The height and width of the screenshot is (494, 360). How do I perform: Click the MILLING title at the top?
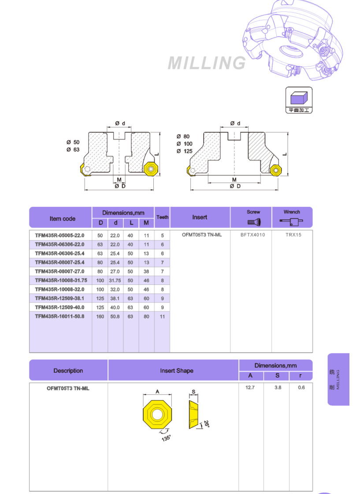(x=207, y=63)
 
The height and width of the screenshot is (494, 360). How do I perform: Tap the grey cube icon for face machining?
(x=299, y=97)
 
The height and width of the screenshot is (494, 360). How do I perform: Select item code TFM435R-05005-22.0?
(x=59, y=235)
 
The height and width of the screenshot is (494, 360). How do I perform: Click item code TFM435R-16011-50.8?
(x=59, y=316)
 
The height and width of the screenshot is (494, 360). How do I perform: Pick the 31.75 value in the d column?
(x=115, y=281)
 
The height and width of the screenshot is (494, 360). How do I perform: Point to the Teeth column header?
(x=162, y=217)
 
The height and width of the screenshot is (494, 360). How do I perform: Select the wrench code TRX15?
(x=293, y=235)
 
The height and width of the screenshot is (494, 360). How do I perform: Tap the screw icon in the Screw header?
(x=254, y=221)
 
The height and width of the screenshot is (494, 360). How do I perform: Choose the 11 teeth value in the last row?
(x=162, y=316)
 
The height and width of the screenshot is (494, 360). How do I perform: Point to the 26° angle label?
(x=206, y=423)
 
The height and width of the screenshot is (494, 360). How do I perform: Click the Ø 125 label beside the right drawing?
(x=185, y=151)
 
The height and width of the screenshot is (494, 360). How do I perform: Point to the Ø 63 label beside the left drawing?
(x=73, y=150)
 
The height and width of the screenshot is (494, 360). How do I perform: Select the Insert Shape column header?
(x=176, y=371)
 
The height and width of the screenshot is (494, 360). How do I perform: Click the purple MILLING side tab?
(x=338, y=379)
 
